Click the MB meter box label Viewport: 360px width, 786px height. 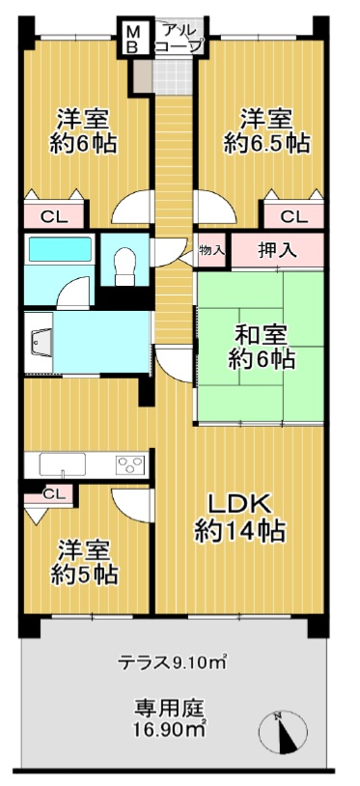(132, 39)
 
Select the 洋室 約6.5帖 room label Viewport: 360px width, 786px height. (265, 131)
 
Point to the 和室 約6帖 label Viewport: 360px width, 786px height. (262, 348)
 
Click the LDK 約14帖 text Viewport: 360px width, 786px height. (239, 518)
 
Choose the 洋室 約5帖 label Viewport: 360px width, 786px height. (84, 562)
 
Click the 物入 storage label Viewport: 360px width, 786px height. (212, 250)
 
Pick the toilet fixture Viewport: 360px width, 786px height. (125, 266)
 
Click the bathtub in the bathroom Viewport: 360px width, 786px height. (60, 249)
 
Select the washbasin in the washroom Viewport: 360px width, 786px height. (42, 344)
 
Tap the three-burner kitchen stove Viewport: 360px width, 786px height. (130, 465)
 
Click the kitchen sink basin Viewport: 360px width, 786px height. (62, 465)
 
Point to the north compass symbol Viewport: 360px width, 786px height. (284, 732)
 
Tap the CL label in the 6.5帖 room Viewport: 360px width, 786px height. (293, 217)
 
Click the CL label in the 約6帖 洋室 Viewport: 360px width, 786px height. (53, 217)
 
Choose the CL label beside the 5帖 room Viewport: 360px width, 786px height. (54, 493)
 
